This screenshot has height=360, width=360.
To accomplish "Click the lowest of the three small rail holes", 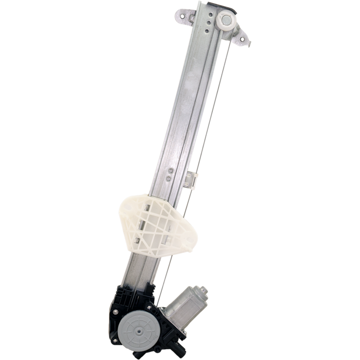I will pos(208,30).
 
